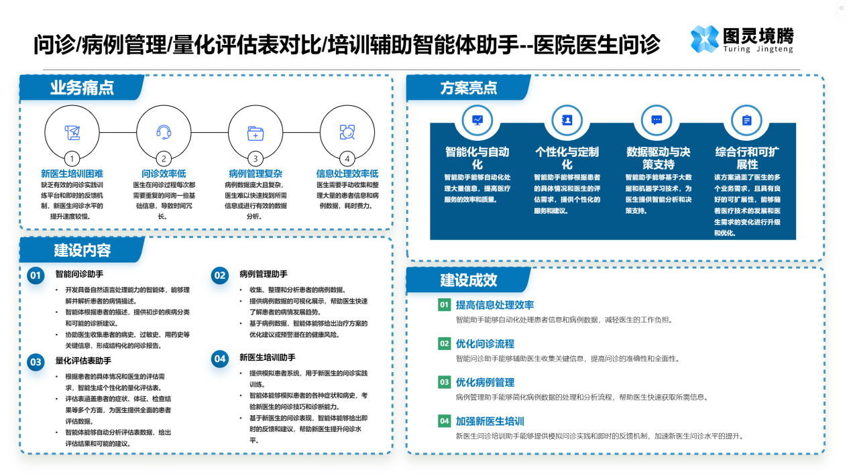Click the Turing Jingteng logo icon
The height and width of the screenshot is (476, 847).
705,39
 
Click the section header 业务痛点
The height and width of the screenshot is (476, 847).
81,87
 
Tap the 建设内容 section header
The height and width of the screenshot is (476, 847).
82,250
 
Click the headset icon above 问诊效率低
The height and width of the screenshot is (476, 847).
163,131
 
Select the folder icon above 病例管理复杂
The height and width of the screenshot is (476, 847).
255,132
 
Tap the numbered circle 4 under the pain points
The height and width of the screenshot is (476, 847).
347,159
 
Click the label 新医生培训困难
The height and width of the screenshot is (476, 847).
72,174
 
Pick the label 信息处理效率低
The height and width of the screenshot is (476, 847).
347,174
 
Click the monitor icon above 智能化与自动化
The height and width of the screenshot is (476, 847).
477,120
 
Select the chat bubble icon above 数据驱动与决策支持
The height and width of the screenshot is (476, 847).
657,120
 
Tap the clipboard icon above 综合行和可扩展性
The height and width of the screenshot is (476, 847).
746,120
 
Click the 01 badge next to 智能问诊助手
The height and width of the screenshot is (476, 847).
36,275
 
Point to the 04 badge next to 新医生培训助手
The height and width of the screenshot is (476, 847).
220,359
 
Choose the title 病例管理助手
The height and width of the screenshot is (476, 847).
264,274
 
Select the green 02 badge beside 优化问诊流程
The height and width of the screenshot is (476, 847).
444,343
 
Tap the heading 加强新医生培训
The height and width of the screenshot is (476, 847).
490,421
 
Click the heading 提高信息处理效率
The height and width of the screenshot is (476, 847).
495,305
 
